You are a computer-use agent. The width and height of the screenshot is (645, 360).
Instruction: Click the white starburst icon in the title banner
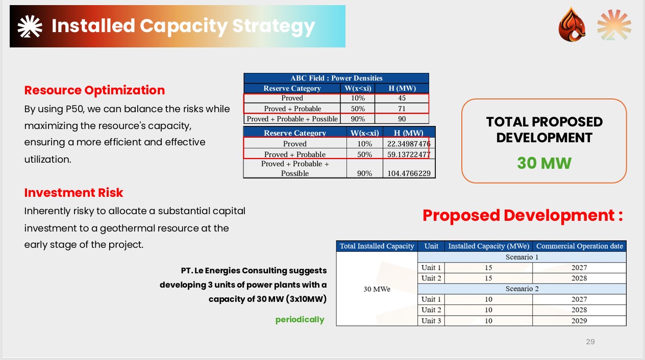coord(30,27)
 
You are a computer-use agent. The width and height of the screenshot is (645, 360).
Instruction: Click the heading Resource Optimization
coord(94,90)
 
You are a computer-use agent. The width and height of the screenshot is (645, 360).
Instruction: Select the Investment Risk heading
coord(73,193)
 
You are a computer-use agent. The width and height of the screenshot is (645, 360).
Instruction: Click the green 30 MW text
coord(544,163)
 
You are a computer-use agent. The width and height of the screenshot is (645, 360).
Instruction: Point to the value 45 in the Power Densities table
coord(402,98)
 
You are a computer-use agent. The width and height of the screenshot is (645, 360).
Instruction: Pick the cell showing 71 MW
coord(402,109)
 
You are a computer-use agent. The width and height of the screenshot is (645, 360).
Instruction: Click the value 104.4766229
coord(409,173)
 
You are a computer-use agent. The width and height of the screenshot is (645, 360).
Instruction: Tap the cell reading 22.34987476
coord(409,144)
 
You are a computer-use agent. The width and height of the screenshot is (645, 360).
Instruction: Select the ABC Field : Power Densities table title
coord(336,78)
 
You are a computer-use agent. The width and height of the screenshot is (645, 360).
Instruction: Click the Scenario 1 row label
coord(522,257)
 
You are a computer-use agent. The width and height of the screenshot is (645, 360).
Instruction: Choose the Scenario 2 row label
coord(522,289)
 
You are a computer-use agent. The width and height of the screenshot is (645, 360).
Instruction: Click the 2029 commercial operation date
coord(579,321)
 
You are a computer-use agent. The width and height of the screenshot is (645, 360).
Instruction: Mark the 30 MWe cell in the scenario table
coord(377,289)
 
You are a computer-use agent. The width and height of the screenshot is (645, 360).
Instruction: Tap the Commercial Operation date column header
coord(579,246)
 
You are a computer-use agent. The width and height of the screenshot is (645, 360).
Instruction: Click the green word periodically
coord(300,320)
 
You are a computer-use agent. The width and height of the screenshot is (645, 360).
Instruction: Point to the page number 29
coord(590,342)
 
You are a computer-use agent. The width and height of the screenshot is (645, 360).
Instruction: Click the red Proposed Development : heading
coord(523,216)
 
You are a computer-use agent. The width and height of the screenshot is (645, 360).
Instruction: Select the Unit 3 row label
coord(431,321)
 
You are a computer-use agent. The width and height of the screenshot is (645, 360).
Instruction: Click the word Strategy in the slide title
coord(274,27)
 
